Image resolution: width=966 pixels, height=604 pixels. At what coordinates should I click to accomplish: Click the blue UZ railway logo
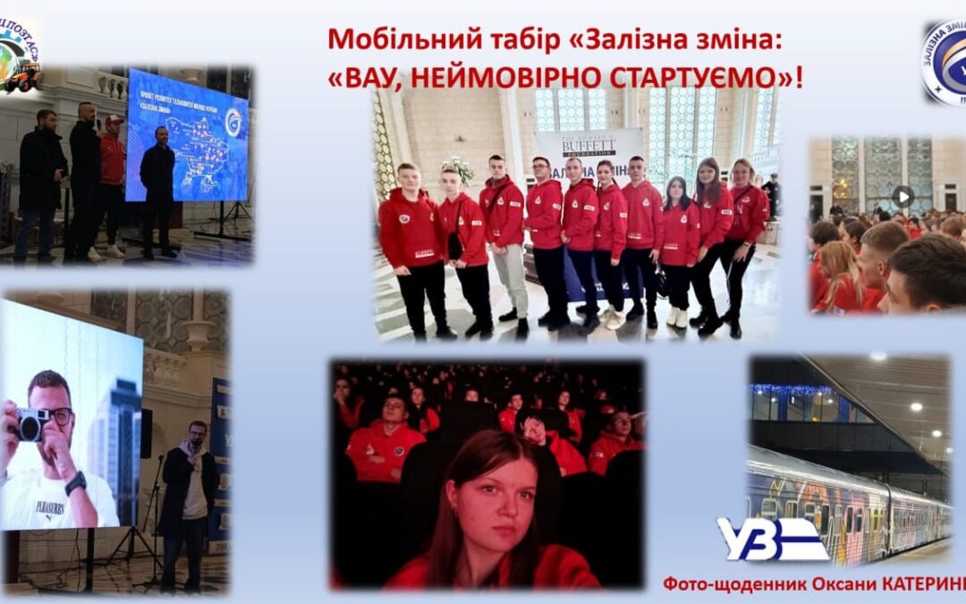tap(772, 539)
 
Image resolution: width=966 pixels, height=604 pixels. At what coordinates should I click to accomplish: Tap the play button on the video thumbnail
tap(903, 196)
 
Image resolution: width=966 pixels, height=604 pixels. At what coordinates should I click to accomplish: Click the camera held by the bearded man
tap(31, 423)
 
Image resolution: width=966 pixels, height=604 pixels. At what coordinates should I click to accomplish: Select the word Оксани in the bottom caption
tap(856, 583)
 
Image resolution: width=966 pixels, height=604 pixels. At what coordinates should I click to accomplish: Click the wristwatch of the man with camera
tap(76, 483)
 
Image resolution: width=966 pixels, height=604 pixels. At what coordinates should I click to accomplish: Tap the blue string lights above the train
tap(792, 390)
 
